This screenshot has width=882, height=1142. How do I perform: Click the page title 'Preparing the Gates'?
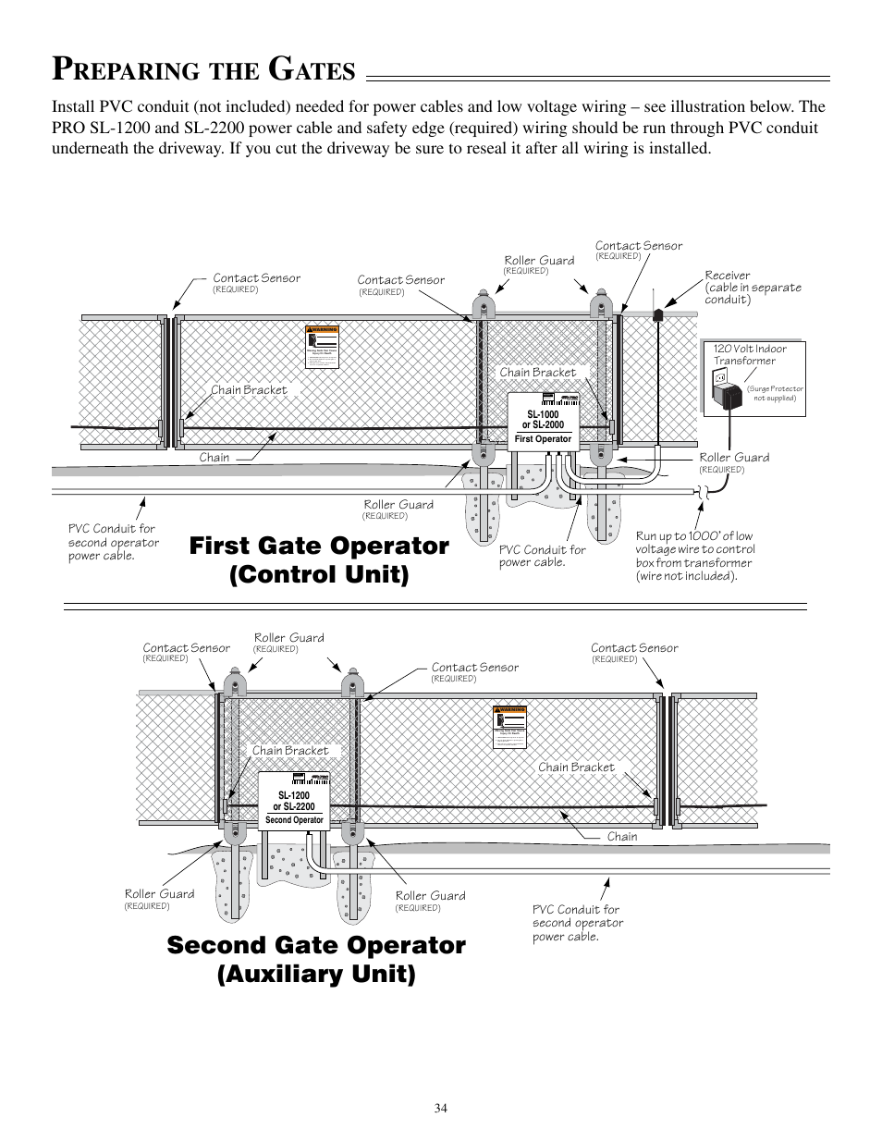204,69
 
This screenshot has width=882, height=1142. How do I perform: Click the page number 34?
440,1108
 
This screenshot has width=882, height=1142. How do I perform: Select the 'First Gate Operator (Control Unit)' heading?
319,559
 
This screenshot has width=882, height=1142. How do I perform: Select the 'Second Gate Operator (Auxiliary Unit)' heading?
316,959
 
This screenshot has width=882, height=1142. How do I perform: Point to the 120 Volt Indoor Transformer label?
750,355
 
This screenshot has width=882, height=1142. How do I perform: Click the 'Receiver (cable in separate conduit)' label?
753,288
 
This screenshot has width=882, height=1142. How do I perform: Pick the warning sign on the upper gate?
323,347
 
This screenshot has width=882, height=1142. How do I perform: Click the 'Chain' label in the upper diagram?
214,458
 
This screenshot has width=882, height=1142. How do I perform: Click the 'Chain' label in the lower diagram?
622,837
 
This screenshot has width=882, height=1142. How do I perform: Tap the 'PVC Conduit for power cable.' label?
542,556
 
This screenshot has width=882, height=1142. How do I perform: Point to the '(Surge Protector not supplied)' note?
776,394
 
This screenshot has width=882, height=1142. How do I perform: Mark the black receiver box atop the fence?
657,314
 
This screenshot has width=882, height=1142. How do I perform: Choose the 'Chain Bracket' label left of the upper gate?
249,390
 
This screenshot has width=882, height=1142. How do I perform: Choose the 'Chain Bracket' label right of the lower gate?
576,767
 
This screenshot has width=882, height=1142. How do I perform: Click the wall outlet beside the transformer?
718,378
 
